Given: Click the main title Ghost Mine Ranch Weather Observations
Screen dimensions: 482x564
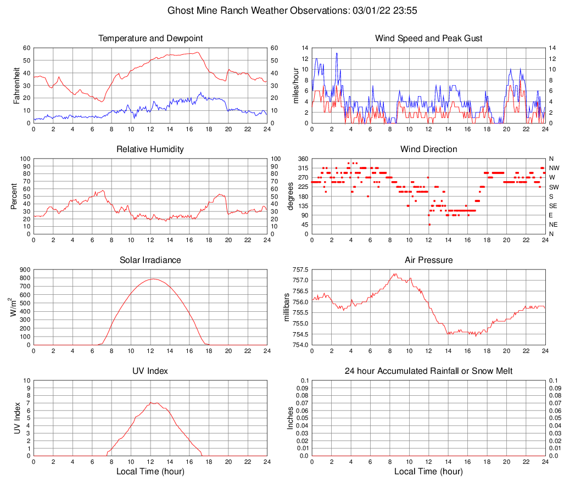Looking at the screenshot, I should (x=282, y=10).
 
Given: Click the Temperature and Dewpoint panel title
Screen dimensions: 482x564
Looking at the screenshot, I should (x=150, y=38).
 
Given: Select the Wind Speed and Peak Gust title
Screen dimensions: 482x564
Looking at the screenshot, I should (x=428, y=38).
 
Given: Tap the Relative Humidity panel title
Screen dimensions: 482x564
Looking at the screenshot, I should (x=150, y=149).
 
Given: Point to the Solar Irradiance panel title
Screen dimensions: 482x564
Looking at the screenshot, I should (x=150, y=260).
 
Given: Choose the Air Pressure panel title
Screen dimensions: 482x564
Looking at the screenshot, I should (x=428, y=260).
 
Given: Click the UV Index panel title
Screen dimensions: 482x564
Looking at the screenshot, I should (x=150, y=371).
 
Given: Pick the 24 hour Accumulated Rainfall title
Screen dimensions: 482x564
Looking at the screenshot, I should (x=428, y=371).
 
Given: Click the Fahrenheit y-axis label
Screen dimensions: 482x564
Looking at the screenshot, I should (x=16, y=85).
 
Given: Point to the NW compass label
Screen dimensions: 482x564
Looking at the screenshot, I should (x=554, y=168).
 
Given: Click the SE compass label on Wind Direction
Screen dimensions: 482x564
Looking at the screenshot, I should (x=554, y=206).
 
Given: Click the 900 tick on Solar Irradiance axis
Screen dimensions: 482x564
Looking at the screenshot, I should (x=24, y=270).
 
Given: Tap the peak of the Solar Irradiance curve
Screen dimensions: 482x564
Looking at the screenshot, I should (x=152, y=279).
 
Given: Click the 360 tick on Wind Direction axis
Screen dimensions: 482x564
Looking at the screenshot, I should (x=303, y=159).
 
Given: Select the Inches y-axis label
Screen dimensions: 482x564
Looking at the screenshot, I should (x=291, y=418).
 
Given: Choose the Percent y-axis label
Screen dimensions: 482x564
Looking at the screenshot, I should (x=14, y=196).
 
